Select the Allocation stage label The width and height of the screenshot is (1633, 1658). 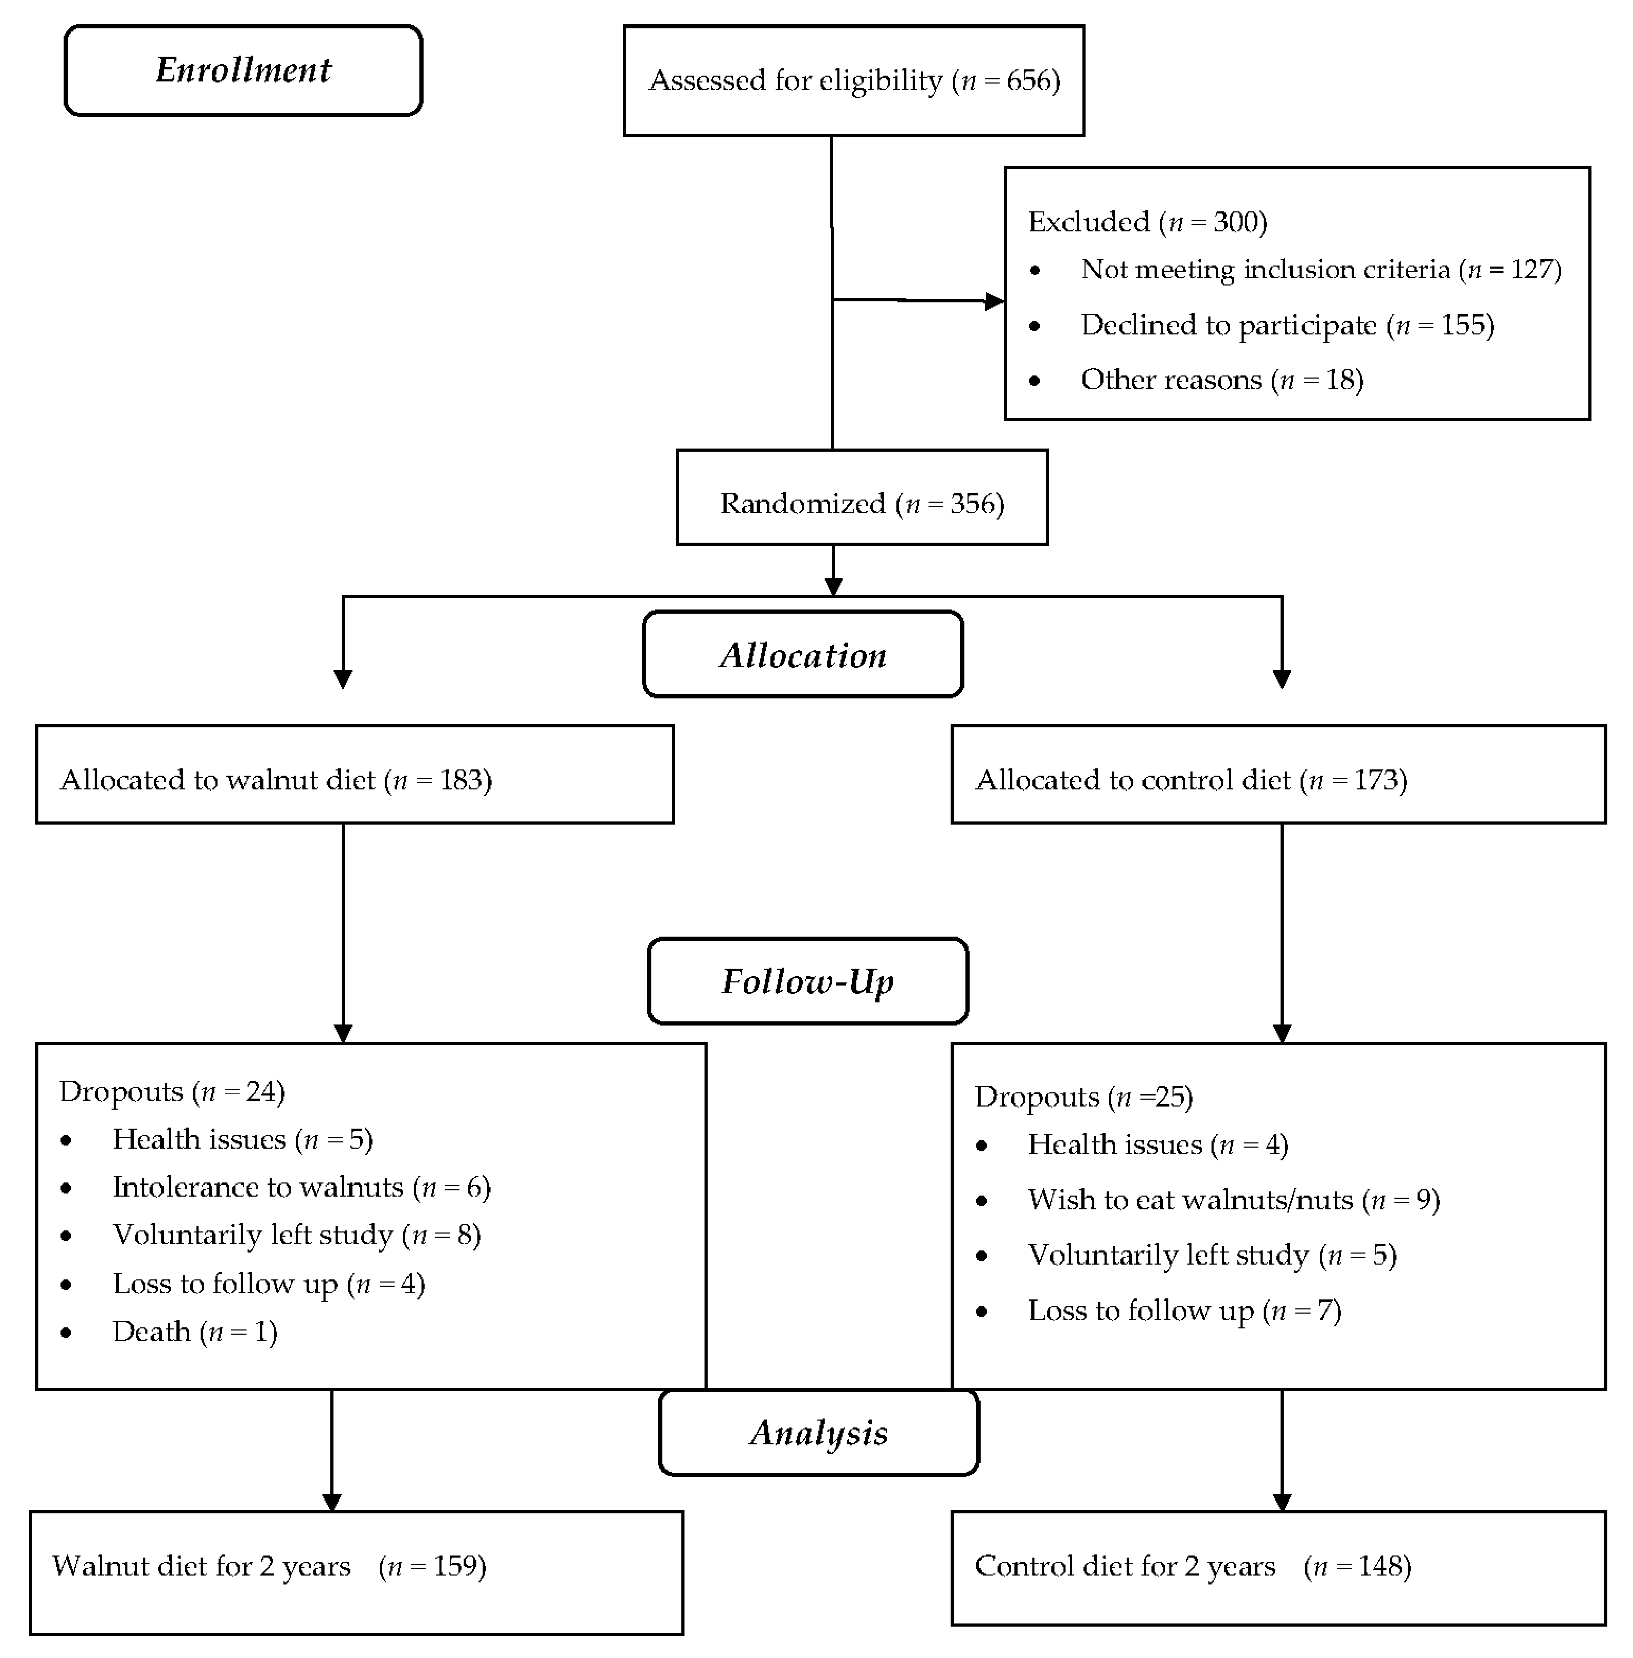pyautogui.click(x=803, y=655)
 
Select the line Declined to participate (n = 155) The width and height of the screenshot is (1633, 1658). pyautogui.click(x=1286, y=325)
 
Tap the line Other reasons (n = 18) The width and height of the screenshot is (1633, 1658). pyautogui.click(x=1221, y=380)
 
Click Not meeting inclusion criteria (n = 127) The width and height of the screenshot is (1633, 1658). pyautogui.click(x=1320, y=269)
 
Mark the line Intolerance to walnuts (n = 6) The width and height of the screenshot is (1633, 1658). pyautogui.click(x=301, y=1187)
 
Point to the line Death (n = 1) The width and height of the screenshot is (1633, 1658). pyautogui.click(x=195, y=1331)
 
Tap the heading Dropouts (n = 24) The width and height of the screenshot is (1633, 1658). pyautogui.click(x=172, y=1091)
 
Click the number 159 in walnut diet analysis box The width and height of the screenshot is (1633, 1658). pyautogui.click(x=455, y=1566)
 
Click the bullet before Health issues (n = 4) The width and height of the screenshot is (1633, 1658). pyautogui.click(x=982, y=1146)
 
